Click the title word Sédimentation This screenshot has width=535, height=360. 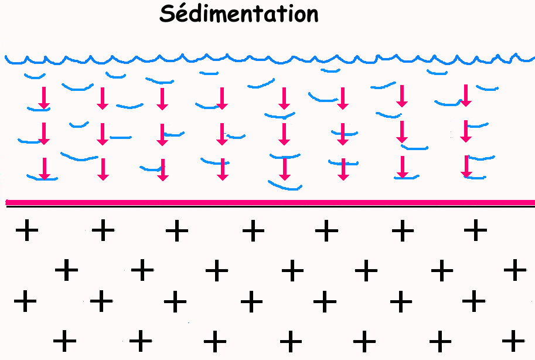[238, 14]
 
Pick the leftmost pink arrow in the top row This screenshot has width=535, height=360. [43, 98]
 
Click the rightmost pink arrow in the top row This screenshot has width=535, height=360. [466, 96]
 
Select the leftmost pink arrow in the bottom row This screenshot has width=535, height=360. [43, 168]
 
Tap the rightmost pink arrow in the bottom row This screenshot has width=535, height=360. [466, 167]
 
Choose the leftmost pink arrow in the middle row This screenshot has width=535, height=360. [43, 133]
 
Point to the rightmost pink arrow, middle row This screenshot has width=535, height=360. [466, 131]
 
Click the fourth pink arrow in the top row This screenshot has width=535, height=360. [222, 98]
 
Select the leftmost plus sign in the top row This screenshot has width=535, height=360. [26, 230]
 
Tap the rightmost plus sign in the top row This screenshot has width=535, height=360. [475, 230]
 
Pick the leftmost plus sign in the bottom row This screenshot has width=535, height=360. [65, 339]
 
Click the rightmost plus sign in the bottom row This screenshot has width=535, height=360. [514, 339]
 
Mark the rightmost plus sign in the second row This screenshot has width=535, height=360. [515, 270]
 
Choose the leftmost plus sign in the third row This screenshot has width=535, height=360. [25, 302]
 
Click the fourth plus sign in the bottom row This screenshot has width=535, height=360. [289, 339]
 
